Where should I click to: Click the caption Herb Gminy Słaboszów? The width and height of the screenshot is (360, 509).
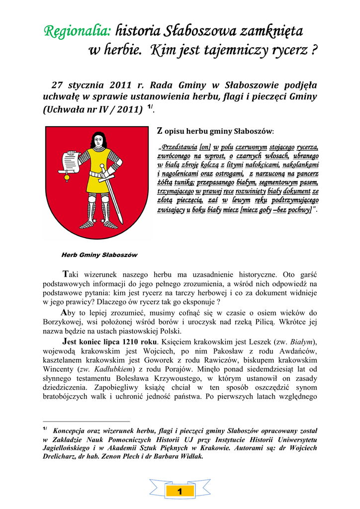(x=99, y=254)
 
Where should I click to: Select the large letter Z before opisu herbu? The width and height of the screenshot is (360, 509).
(x=160, y=131)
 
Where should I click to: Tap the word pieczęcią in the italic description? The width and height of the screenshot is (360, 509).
(x=187, y=200)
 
